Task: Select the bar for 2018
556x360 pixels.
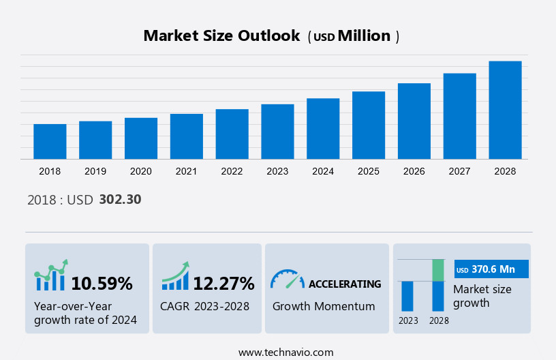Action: [50, 142]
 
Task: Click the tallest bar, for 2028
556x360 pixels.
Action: [505, 110]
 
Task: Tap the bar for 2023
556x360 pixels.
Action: [277, 132]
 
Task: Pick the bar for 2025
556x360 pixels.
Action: [369, 125]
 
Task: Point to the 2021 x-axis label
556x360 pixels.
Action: [186, 171]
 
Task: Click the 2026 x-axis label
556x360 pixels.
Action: [414, 171]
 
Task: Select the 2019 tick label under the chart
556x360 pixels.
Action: [95, 171]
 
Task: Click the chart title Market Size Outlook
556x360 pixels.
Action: [221, 36]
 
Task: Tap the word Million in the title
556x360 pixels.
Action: [364, 36]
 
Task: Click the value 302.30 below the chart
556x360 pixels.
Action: [120, 200]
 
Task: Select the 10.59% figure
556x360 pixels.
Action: [102, 283]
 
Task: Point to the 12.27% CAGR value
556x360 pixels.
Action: [223, 283]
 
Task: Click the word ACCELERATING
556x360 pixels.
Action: [345, 284]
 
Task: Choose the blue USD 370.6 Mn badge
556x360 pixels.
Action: [491, 269]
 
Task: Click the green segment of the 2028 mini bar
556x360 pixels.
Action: [438, 270]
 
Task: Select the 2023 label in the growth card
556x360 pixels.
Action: [408, 320]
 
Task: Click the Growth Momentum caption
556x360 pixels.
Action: [324, 306]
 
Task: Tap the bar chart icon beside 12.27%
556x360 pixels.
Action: [175, 277]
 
